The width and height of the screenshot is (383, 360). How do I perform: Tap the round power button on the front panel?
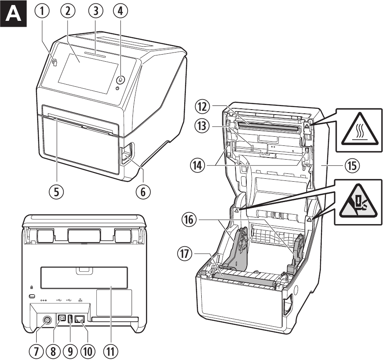[x=120, y=79]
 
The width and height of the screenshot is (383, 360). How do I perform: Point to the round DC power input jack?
[x=47, y=320]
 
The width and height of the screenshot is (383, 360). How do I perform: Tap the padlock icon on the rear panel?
[x=32, y=287]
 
